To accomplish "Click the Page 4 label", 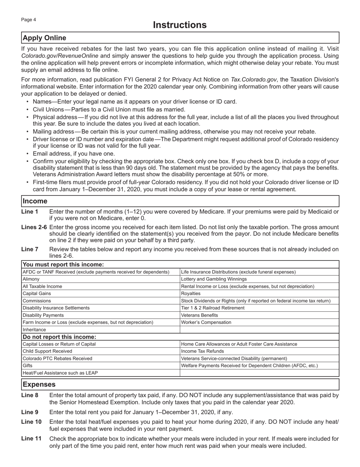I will (28, 20).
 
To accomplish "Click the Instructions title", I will (180, 25).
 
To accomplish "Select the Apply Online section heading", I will (44, 38).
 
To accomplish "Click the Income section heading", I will (35, 201).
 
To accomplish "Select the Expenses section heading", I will (39, 384).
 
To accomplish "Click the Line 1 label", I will (30, 211).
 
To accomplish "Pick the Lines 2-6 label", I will (34, 227).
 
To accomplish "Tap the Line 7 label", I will (30, 249).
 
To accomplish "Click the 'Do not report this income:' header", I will (59, 337).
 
